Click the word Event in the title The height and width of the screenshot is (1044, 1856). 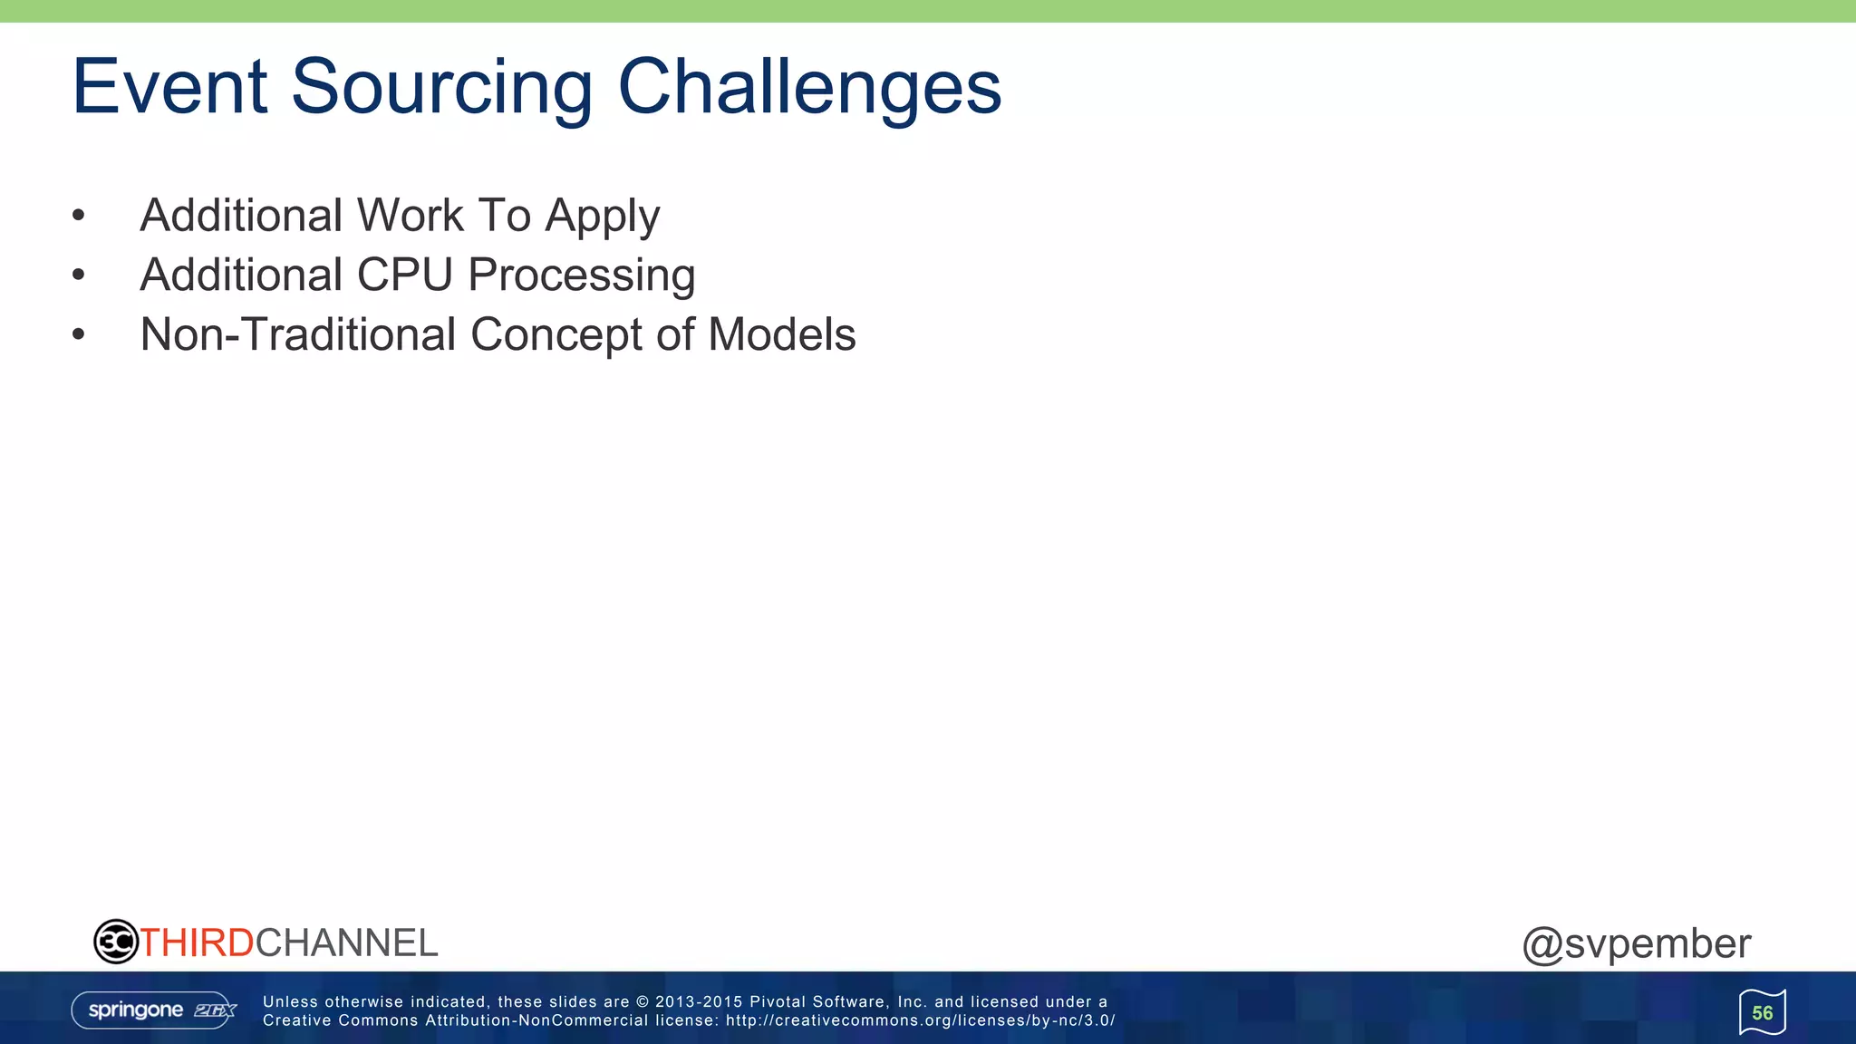[169, 87]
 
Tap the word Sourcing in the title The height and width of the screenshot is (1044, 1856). [441, 89]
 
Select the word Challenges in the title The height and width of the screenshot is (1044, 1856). [808, 89]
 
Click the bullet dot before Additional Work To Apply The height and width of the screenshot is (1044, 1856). [79, 216]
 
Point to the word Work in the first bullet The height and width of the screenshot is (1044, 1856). [410, 216]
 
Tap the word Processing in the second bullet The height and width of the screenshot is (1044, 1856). [581, 276]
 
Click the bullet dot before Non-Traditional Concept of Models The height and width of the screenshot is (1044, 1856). [79, 334]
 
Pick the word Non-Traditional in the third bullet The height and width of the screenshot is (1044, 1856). [298, 334]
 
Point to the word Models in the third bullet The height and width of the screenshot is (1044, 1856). [781, 334]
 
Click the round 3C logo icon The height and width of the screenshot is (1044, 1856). [115, 942]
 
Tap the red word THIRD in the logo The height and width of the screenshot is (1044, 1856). [197, 943]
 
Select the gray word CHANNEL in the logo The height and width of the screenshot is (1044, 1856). [346, 943]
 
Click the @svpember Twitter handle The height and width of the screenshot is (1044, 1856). [1636, 944]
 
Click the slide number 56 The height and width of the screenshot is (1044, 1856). [1762, 1013]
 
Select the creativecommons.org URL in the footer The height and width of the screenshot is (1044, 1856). [919, 1020]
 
